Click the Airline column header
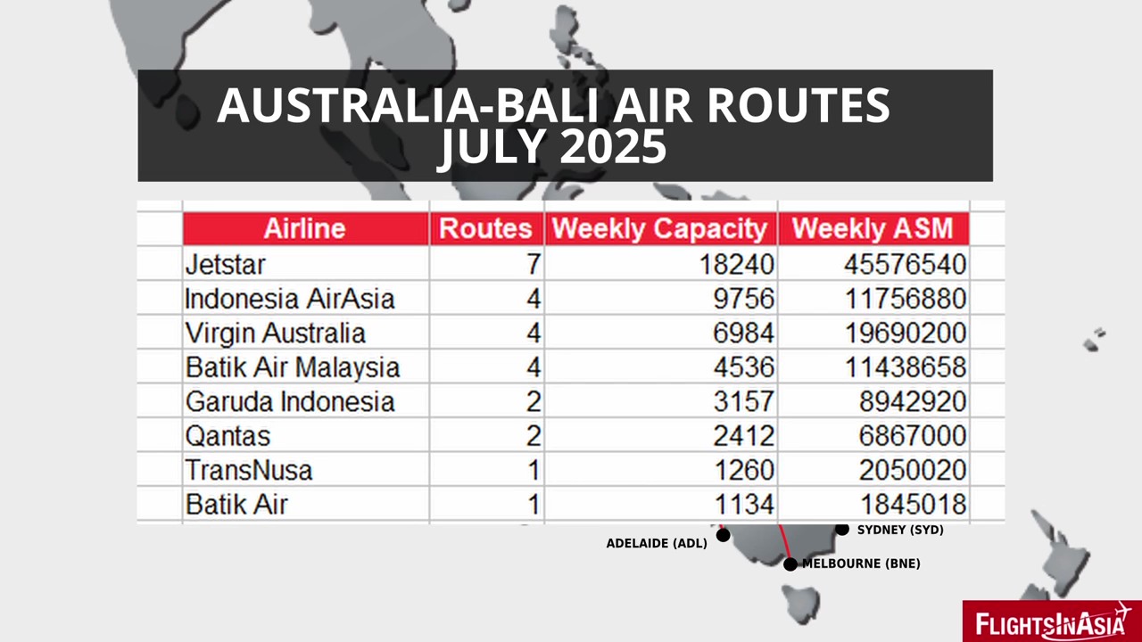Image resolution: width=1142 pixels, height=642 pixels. pos(304,228)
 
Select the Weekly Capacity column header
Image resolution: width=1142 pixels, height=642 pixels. pos(659,228)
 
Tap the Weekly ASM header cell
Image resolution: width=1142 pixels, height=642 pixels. pos(873,228)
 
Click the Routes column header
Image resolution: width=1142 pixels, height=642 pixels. pos(485,228)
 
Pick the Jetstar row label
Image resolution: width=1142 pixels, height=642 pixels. pos(226,265)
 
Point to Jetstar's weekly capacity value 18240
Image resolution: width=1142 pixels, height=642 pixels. pos(736,265)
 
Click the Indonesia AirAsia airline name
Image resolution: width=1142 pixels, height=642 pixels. pos(290,299)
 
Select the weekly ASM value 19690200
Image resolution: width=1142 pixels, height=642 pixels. pos(905,333)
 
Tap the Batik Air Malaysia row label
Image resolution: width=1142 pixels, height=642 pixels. pos(292,367)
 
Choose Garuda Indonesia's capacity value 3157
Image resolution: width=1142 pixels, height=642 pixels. pos(743,401)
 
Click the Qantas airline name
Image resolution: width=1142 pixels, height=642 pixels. pos(228,436)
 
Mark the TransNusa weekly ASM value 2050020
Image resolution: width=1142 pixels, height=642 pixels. pos(912,470)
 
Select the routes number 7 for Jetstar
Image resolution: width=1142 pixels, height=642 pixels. pos(534,265)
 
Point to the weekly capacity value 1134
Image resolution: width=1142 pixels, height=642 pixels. pos(744,505)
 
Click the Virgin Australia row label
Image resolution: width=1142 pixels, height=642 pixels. pos(276,333)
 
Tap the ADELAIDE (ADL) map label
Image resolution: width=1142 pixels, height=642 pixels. pos(657,544)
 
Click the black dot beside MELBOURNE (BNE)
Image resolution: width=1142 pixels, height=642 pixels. pos(790,564)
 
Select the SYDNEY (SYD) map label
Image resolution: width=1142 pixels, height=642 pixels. pos(900,530)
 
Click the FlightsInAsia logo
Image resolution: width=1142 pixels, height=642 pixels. pos(1052,621)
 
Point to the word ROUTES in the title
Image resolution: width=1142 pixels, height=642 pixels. pos(799,105)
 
